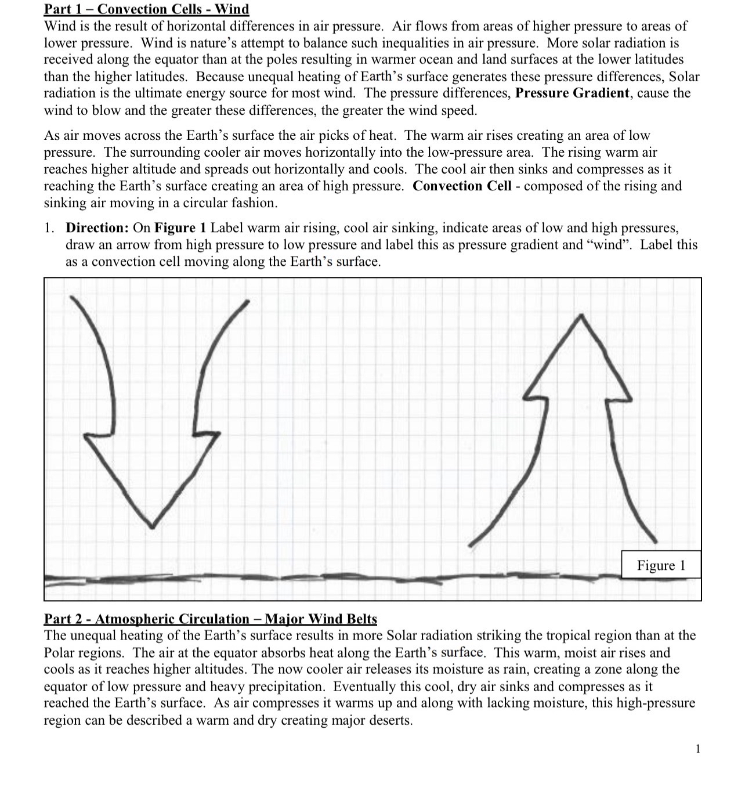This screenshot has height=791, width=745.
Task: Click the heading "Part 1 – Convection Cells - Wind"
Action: coord(147,9)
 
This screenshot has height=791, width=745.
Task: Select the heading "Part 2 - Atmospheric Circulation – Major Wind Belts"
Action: coord(211,619)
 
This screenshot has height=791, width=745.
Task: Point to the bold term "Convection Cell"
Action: coord(462,186)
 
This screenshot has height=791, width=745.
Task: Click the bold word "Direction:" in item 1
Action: coord(97,228)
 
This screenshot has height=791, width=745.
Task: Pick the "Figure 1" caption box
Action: coord(661,565)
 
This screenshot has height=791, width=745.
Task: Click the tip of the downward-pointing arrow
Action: coord(152,527)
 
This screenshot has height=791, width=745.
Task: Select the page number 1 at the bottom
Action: coord(698,749)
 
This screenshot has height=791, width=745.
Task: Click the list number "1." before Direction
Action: coord(50,228)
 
